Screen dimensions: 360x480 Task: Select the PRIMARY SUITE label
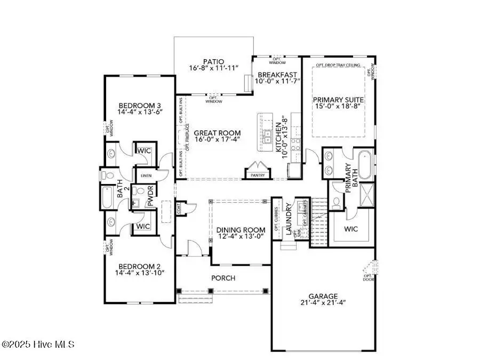[x=338, y=99]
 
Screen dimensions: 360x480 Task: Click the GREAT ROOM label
[x=217, y=133]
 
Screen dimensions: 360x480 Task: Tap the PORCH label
[x=223, y=278]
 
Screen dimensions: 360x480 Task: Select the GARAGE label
[x=323, y=296]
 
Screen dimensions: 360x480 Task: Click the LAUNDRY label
[x=289, y=219]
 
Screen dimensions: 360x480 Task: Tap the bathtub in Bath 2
[x=107, y=197]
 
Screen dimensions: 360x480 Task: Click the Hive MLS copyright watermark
[x=38, y=345]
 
